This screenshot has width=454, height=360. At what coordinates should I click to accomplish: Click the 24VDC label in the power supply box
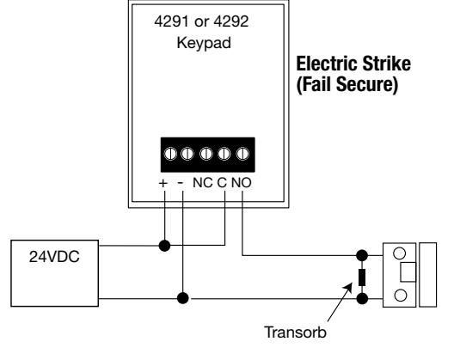coord(54,256)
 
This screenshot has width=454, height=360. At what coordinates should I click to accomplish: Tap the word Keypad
coord(204,44)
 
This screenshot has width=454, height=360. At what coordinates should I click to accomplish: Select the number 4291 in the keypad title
coord(171,21)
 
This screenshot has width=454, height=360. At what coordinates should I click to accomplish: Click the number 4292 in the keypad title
coord(231,21)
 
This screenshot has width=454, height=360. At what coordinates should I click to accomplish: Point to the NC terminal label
coord(203,183)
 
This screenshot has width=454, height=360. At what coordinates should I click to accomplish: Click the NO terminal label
coord(241,183)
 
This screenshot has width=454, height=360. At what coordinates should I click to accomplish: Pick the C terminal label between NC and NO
coord(222,183)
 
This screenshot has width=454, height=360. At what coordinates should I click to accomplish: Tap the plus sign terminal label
coord(163,183)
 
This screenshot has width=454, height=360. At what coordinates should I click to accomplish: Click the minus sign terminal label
coord(181,183)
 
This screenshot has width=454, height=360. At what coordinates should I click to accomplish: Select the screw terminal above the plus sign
coord(170,154)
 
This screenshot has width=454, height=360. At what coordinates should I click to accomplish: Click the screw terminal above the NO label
coord(242,154)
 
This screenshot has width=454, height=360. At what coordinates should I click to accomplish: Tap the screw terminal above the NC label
coord(206,154)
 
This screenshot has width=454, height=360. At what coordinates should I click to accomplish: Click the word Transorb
coord(295,333)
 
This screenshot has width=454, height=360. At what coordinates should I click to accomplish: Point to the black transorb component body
coord(362,278)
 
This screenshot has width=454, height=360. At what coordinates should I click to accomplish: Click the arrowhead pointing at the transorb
coord(349,287)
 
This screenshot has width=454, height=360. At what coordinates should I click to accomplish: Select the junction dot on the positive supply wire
coord(165,246)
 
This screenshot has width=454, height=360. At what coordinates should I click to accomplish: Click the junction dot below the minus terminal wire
coord(182,298)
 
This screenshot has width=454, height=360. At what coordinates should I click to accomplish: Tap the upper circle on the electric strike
coord(400,253)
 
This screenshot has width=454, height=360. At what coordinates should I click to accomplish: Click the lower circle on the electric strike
coord(401,296)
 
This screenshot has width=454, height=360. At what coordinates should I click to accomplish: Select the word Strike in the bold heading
coord(387,64)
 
